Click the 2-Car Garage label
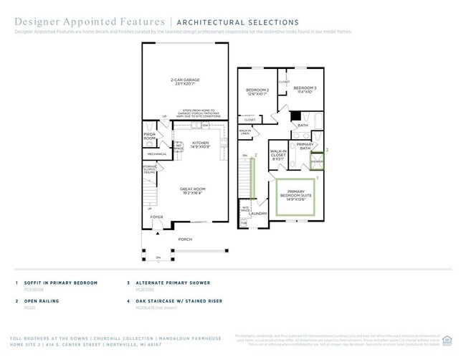point(185,82)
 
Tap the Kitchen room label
point(200,144)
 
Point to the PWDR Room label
point(149,136)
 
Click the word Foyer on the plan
point(156,217)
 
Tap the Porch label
point(185,240)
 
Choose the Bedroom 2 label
point(257,90)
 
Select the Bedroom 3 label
point(304,89)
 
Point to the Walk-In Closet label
point(279,154)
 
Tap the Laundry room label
point(258,213)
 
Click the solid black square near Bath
point(294,115)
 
